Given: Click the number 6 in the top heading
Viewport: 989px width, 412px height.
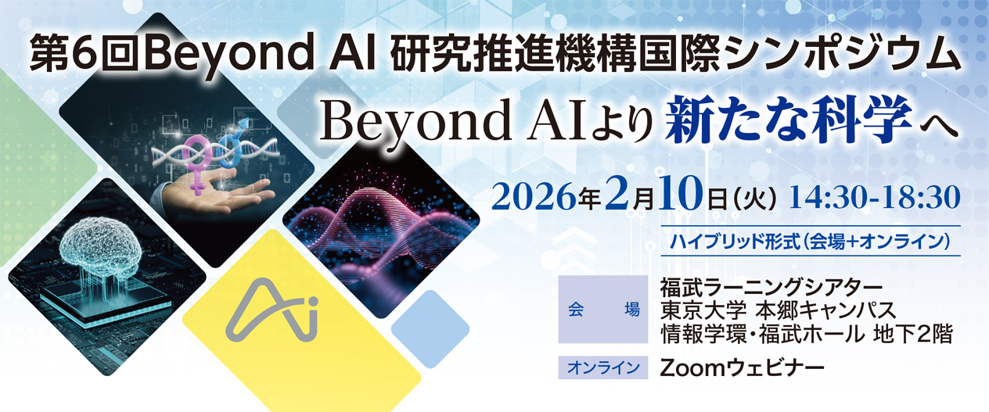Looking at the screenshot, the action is (85, 56).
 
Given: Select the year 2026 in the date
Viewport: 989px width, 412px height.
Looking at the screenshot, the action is (534, 199).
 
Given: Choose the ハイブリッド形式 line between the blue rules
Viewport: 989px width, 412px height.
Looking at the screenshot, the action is (810, 242).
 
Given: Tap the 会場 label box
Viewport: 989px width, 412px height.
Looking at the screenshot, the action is (603, 310).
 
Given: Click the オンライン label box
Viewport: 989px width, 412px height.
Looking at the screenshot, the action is (603, 367).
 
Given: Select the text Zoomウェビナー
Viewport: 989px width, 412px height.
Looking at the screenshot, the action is (742, 367).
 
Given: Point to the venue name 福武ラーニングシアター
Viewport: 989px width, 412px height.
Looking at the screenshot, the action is (771, 288).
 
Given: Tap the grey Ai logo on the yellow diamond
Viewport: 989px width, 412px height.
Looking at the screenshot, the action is (272, 310).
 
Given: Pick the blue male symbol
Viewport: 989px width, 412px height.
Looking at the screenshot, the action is (232, 142).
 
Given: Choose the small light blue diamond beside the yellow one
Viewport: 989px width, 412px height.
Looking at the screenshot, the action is (430, 328).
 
